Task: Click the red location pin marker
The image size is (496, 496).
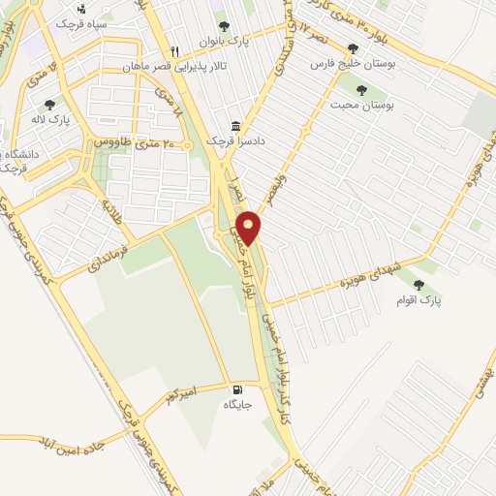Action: coord(249,227)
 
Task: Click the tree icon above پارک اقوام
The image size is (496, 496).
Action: coord(418,285)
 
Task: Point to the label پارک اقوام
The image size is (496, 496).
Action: coord(418,301)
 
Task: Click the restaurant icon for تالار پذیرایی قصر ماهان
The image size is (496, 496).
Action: coord(175,51)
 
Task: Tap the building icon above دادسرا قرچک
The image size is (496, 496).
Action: coord(235,126)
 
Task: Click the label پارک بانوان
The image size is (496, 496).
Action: coord(225,43)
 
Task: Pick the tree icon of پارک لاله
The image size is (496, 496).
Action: coord(49,104)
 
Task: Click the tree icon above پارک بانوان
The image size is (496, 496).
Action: coord(225,27)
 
